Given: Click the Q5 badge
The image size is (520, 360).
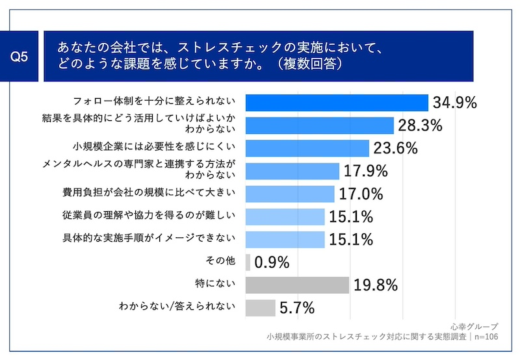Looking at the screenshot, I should [20, 57].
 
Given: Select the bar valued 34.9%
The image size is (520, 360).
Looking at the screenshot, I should [337, 103].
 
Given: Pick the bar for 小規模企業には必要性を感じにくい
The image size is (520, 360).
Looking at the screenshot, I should [307, 148].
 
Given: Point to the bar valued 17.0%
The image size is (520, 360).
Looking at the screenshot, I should [290, 194].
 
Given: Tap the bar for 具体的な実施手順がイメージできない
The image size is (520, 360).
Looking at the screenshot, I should [285, 239].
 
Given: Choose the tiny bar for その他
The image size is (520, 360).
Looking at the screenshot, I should [248, 262].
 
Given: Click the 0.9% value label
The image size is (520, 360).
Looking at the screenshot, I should [272, 263].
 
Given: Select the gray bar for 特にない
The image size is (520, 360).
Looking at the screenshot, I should [297, 285].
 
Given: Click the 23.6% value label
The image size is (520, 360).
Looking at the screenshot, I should [394, 148].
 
